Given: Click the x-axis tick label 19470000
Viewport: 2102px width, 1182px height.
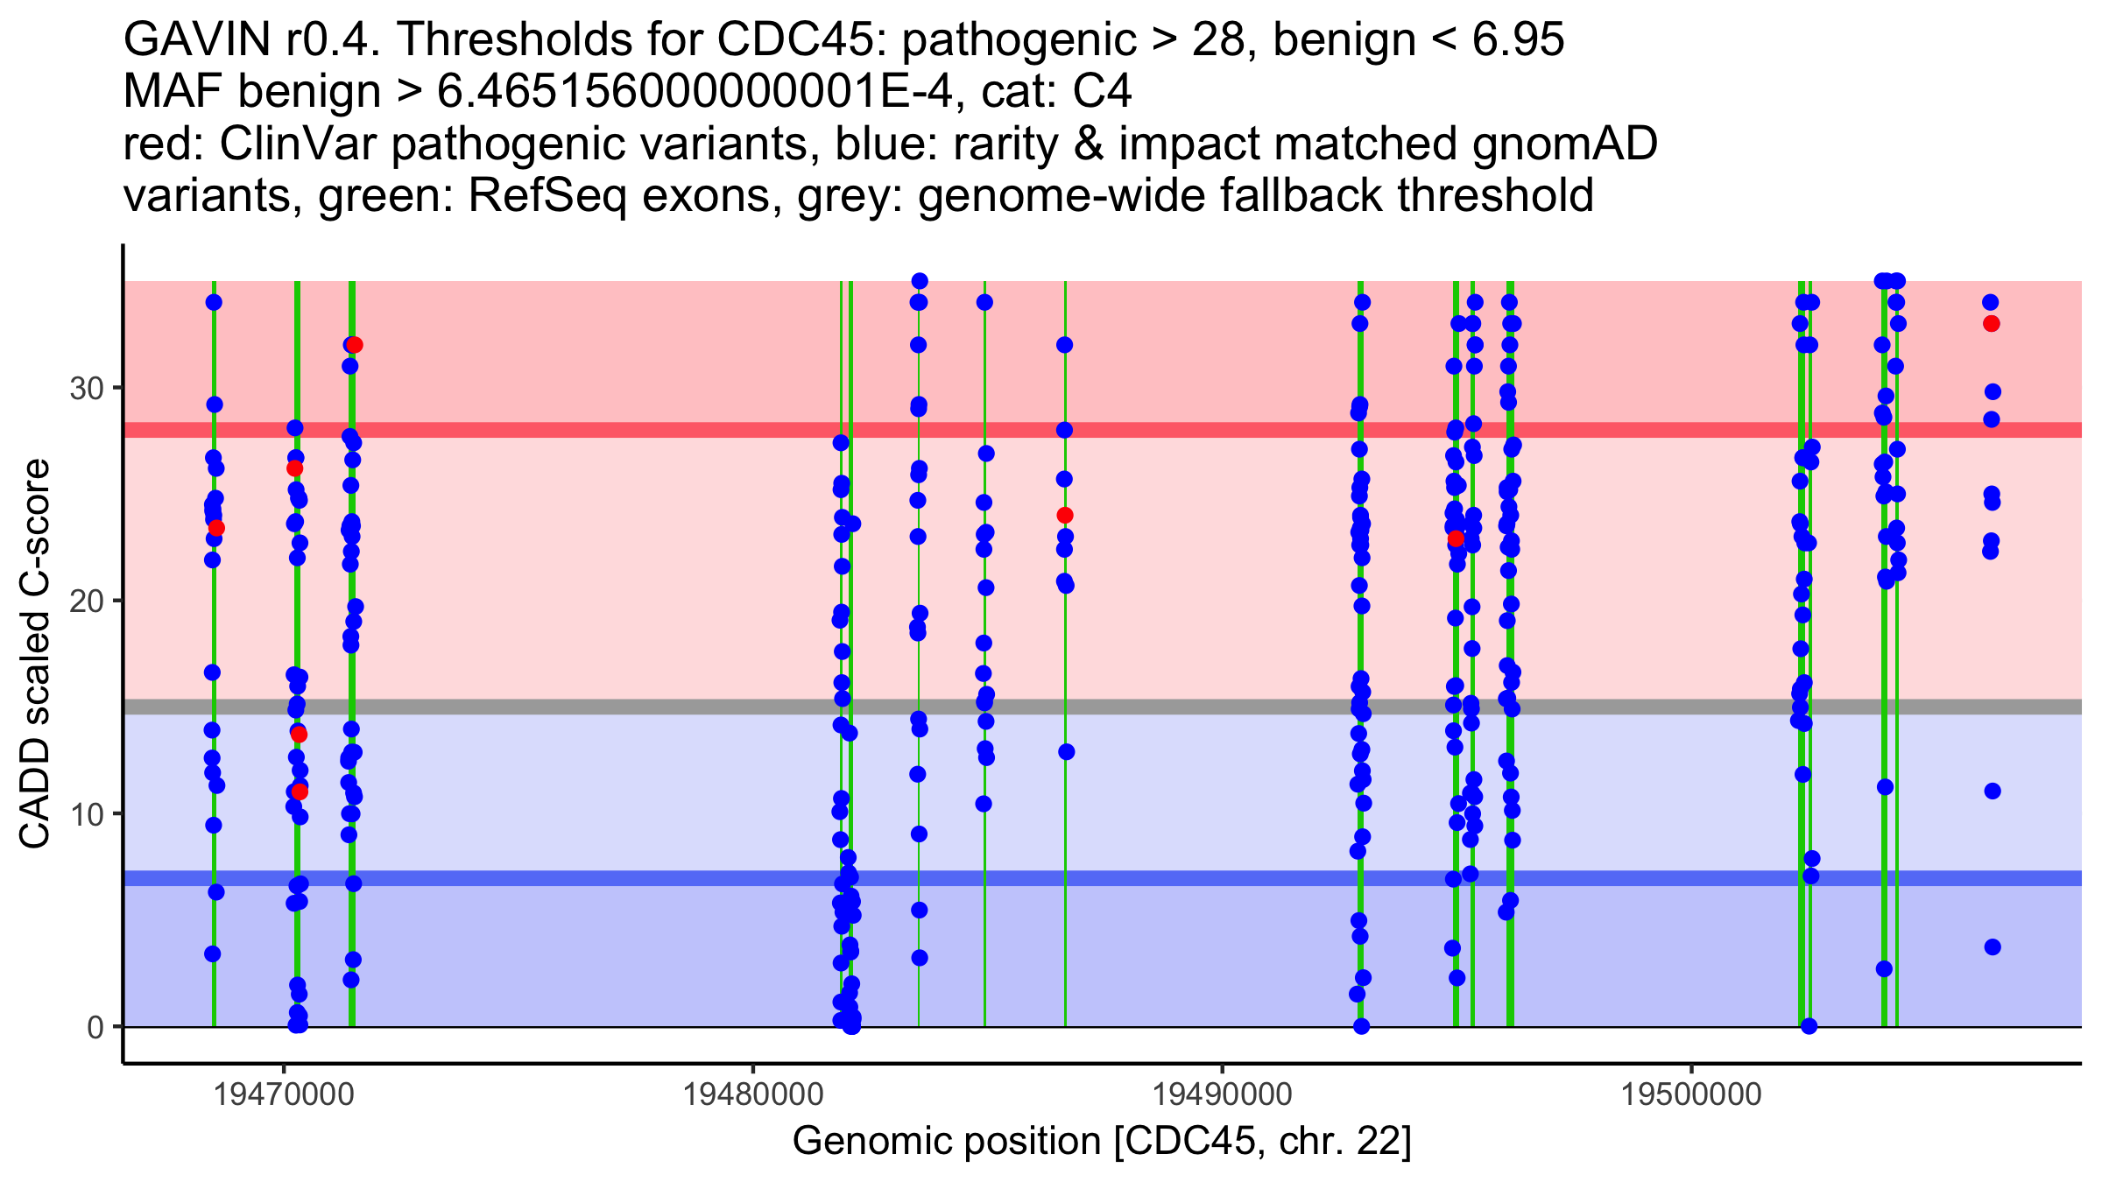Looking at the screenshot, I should [283, 1095].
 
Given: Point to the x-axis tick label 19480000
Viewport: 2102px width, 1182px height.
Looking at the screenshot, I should [752, 1095].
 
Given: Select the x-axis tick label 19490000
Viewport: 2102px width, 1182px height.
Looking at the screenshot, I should [1222, 1095].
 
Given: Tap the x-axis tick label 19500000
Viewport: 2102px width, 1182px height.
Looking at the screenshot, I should [1691, 1095].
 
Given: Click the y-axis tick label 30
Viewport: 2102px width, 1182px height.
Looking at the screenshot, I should [87, 388].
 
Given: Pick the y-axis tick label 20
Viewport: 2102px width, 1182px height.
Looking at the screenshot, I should [87, 601].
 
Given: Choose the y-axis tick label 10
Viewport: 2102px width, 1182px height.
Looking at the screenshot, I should [87, 814].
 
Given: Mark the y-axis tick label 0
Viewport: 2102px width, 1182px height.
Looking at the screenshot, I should [95, 1027].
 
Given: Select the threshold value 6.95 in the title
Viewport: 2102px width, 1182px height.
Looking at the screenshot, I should [1513, 39].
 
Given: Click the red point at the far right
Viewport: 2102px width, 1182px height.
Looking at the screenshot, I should [1991, 324].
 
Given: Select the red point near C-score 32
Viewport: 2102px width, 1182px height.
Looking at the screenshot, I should [355, 345].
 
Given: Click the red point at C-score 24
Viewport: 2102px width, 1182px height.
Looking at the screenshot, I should [1064, 516].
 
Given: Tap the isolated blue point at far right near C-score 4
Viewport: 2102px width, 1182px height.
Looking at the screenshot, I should [1993, 946].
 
